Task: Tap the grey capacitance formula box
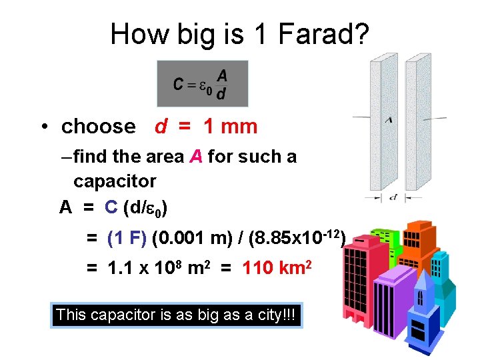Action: [202, 83]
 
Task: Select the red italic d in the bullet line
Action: [161, 126]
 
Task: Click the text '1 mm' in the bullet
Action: [231, 126]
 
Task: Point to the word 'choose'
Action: [98, 127]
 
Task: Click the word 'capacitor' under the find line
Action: [115, 181]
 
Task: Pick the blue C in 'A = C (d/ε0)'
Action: [111, 209]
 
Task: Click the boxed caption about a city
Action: [177, 315]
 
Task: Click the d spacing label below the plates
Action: [395, 197]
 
